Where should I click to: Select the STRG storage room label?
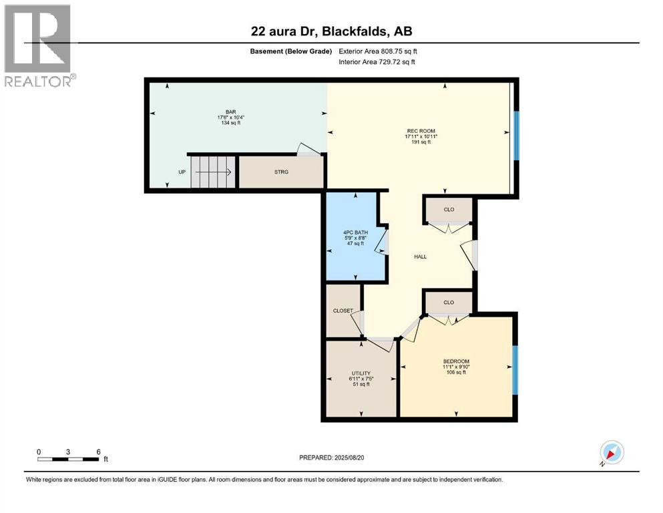point(281,172)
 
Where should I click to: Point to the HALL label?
point(420,256)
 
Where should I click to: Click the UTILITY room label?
point(361,373)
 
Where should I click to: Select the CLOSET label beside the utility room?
point(343,311)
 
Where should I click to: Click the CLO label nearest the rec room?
point(449,209)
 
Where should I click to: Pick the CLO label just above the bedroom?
point(449,302)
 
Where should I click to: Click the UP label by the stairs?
point(182,172)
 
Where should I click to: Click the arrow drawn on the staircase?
point(214,172)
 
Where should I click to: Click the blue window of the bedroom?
point(515,370)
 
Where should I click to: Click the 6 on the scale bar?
point(98,452)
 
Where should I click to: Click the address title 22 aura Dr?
point(294,31)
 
